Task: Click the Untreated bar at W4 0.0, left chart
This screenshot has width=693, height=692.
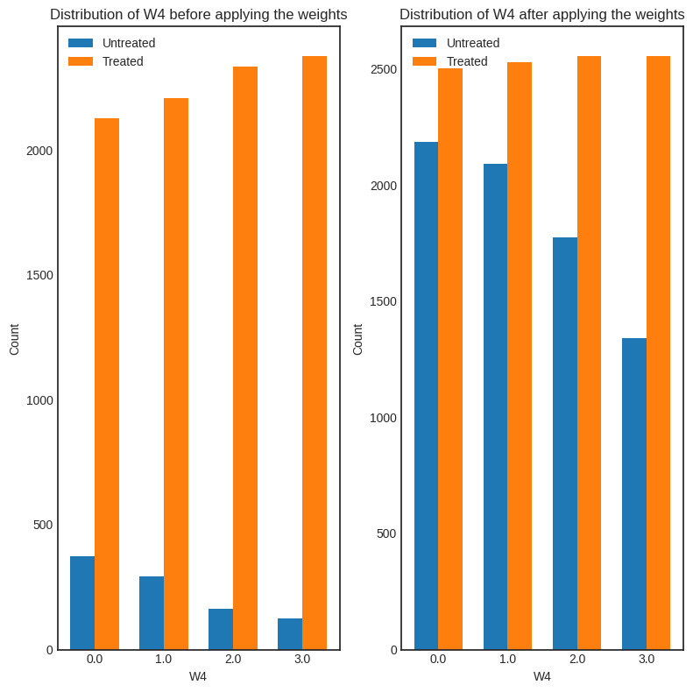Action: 82,603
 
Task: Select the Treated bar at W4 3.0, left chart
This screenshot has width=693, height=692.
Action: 315,353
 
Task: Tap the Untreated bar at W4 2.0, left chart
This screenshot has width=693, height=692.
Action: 221,629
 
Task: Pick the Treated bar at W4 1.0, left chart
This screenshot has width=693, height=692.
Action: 176,374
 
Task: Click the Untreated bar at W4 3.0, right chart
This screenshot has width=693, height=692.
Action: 634,494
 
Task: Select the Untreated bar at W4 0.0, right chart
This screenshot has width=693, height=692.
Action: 426,396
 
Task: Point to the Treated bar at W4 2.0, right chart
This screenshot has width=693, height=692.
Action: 589,353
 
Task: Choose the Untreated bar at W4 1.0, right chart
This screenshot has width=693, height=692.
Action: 495,406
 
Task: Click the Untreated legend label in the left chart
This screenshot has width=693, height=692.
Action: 129,43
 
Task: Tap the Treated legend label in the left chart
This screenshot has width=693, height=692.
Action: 123,61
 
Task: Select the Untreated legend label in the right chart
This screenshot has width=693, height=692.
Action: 473,43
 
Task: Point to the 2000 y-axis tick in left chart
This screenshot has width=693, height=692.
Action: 39,151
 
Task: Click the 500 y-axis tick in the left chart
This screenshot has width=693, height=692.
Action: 43,525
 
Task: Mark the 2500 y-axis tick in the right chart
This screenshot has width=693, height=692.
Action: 383,69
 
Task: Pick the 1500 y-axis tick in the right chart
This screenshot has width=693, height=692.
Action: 383,301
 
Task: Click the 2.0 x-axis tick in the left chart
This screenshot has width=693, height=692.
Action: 233,659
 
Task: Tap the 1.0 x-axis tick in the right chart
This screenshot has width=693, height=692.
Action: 507,659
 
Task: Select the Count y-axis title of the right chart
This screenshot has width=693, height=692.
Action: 357,339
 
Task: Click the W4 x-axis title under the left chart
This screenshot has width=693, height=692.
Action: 198,676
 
